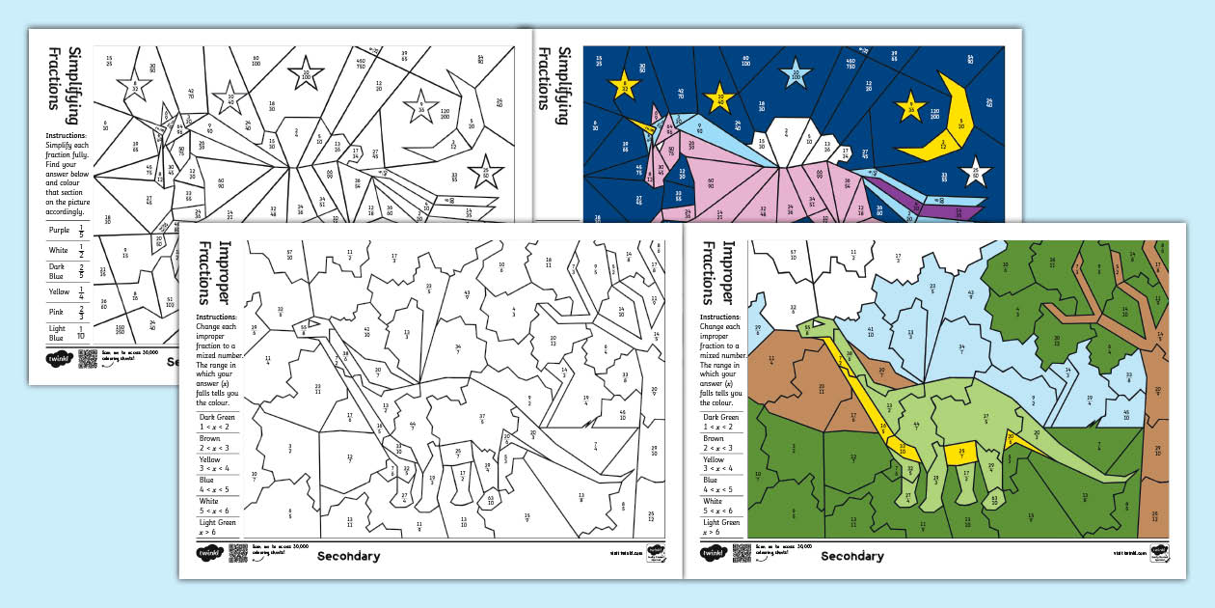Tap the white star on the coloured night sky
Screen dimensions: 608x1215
(x=976, y=172)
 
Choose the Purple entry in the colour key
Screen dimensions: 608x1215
(x=67, y=233)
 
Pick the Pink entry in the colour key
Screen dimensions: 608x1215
(x=67, y=309)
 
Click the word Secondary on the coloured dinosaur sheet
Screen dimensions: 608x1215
(x=852, y=556)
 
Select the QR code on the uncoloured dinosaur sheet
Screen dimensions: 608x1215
(x=238, y=553)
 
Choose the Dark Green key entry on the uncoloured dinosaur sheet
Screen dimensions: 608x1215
(x=218, y=421)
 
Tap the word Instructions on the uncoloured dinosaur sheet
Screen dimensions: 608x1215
(x=217, y=317)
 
